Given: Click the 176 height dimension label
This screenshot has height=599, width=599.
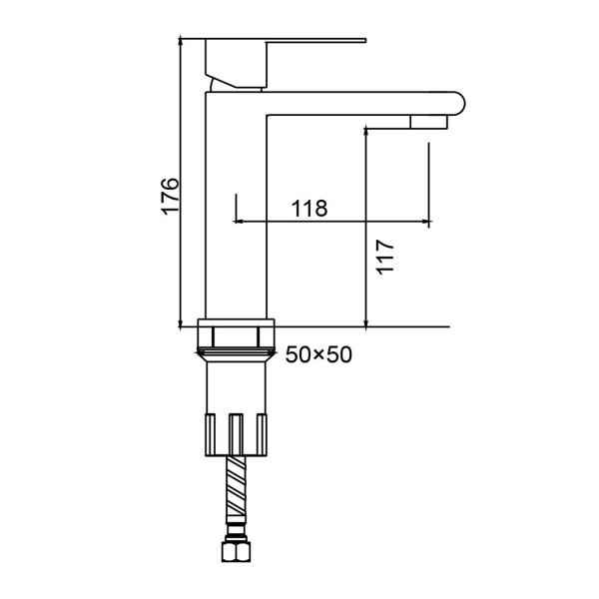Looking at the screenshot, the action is pos(170,196).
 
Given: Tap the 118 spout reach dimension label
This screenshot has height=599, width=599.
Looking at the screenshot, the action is pos(309,209).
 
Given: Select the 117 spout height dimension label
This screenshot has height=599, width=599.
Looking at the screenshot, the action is pos(385,257).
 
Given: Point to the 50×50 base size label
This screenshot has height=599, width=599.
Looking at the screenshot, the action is pos(318,354).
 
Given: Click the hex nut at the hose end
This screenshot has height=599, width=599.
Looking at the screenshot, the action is pos(236,552).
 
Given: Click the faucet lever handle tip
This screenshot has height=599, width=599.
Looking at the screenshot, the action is pos(364,40).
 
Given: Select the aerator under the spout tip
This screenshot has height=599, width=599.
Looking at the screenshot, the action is pos(428,122).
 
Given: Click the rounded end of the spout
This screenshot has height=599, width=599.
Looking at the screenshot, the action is pos(460,103).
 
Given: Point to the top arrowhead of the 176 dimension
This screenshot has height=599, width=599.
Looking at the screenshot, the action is pos(180,40).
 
